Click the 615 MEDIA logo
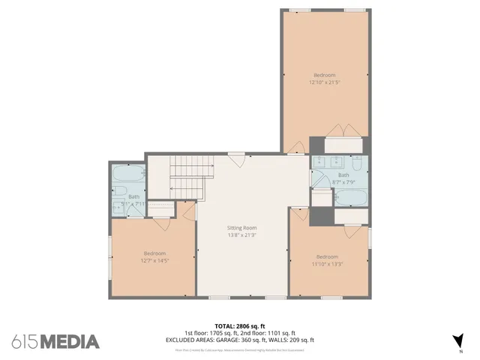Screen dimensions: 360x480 pyautogui.click(x=55, y=342)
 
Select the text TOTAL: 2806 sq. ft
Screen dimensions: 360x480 pyautogui.click(x=239, y=326)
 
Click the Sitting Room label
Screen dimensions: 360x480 pyautogui.click(x=242, y=227)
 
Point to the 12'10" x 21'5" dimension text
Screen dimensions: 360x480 pyautogui.click(x=324, y=82)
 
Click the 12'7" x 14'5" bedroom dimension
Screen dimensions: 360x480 pyautogui.click(x=154, y=260)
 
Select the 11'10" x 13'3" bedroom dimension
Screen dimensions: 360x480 pyautogui.click(x=326, y=263)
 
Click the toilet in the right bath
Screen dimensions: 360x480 pyautogui.click(x=358, y=165)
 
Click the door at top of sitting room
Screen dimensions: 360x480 pyautogui.click(x=236, y=157)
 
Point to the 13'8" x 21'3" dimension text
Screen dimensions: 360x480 pyautogui.click(x=242, y=235)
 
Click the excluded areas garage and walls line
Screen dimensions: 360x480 pyautogui.click(x=239, y=340)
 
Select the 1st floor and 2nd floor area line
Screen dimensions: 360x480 pyautogui.click(x=239, y=333)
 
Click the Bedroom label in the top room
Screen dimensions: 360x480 pyautogui.click(x=324, y=75)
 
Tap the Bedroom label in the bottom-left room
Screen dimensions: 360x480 pyautogui.click(x=154, y=253)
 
